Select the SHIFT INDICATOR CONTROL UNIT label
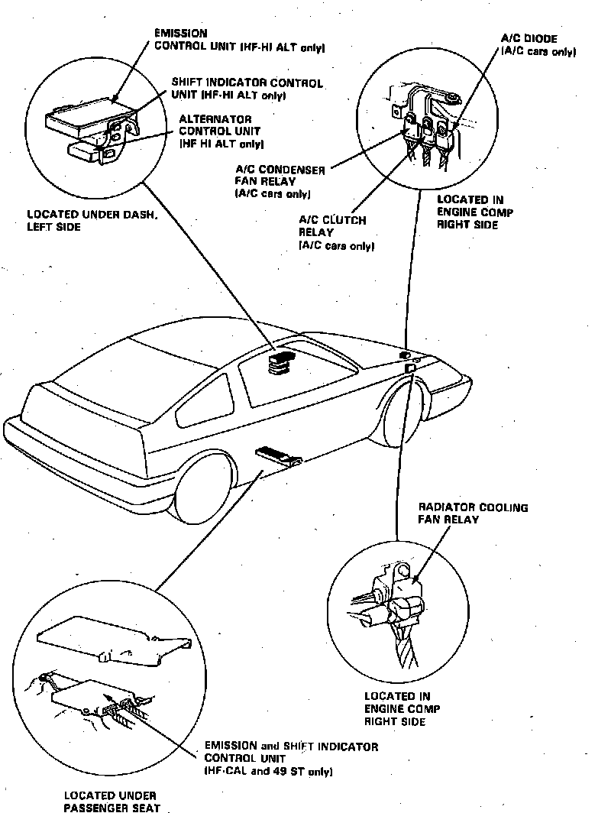[x=247, y=89]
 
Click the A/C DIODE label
[x=538, y=45]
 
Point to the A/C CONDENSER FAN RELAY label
[x=280, y=181]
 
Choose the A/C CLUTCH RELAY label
[x=332, y=232]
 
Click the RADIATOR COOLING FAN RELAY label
[x=473, y=513]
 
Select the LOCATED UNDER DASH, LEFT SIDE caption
[x=92, y=221]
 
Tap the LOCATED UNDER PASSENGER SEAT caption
[x=112, y=802]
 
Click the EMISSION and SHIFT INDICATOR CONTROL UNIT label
[x=291, y=759]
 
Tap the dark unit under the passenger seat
[x=280, y=455]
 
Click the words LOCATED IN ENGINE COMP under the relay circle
[x=402, y=708]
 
